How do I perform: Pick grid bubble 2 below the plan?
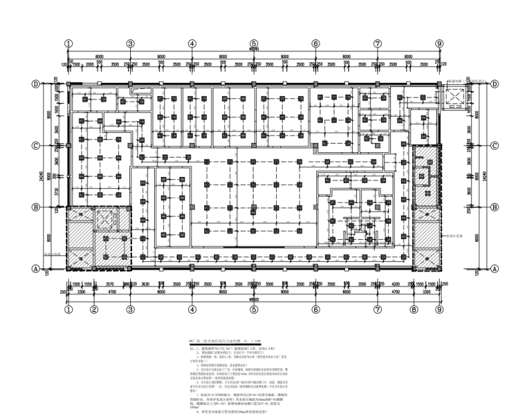coord(94,310)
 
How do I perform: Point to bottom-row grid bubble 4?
coord(191,310)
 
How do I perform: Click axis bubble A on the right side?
coord(495,268)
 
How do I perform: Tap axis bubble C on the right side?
coord(495,146)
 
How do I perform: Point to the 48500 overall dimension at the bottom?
coord(253,299)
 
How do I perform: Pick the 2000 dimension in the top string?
coord(99,64)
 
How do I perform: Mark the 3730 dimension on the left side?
coord(57,192)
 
